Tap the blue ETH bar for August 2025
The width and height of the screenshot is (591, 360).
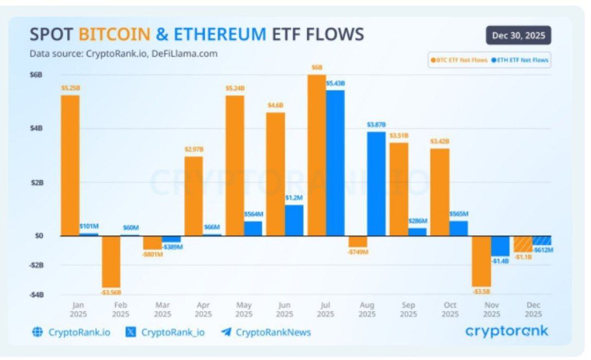(376, 183)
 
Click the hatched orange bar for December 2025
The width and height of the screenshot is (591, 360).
(523, 244)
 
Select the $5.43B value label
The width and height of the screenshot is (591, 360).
(335, 83)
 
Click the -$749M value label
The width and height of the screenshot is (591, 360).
(358, 252)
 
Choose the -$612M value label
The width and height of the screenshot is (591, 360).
(543, 250)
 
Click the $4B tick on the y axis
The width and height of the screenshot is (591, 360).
(36, 129)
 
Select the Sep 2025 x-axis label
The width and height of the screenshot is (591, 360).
(408, 310)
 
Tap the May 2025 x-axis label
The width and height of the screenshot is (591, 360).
(244, 310)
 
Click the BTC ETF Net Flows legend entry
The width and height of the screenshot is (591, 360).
(459, 60)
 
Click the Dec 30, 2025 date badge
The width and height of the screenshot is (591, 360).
(518, 36)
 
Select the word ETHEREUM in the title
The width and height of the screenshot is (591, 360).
(219, 34)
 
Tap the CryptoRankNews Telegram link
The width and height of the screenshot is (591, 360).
(266, 332)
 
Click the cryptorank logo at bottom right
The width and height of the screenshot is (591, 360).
(506, 331)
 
